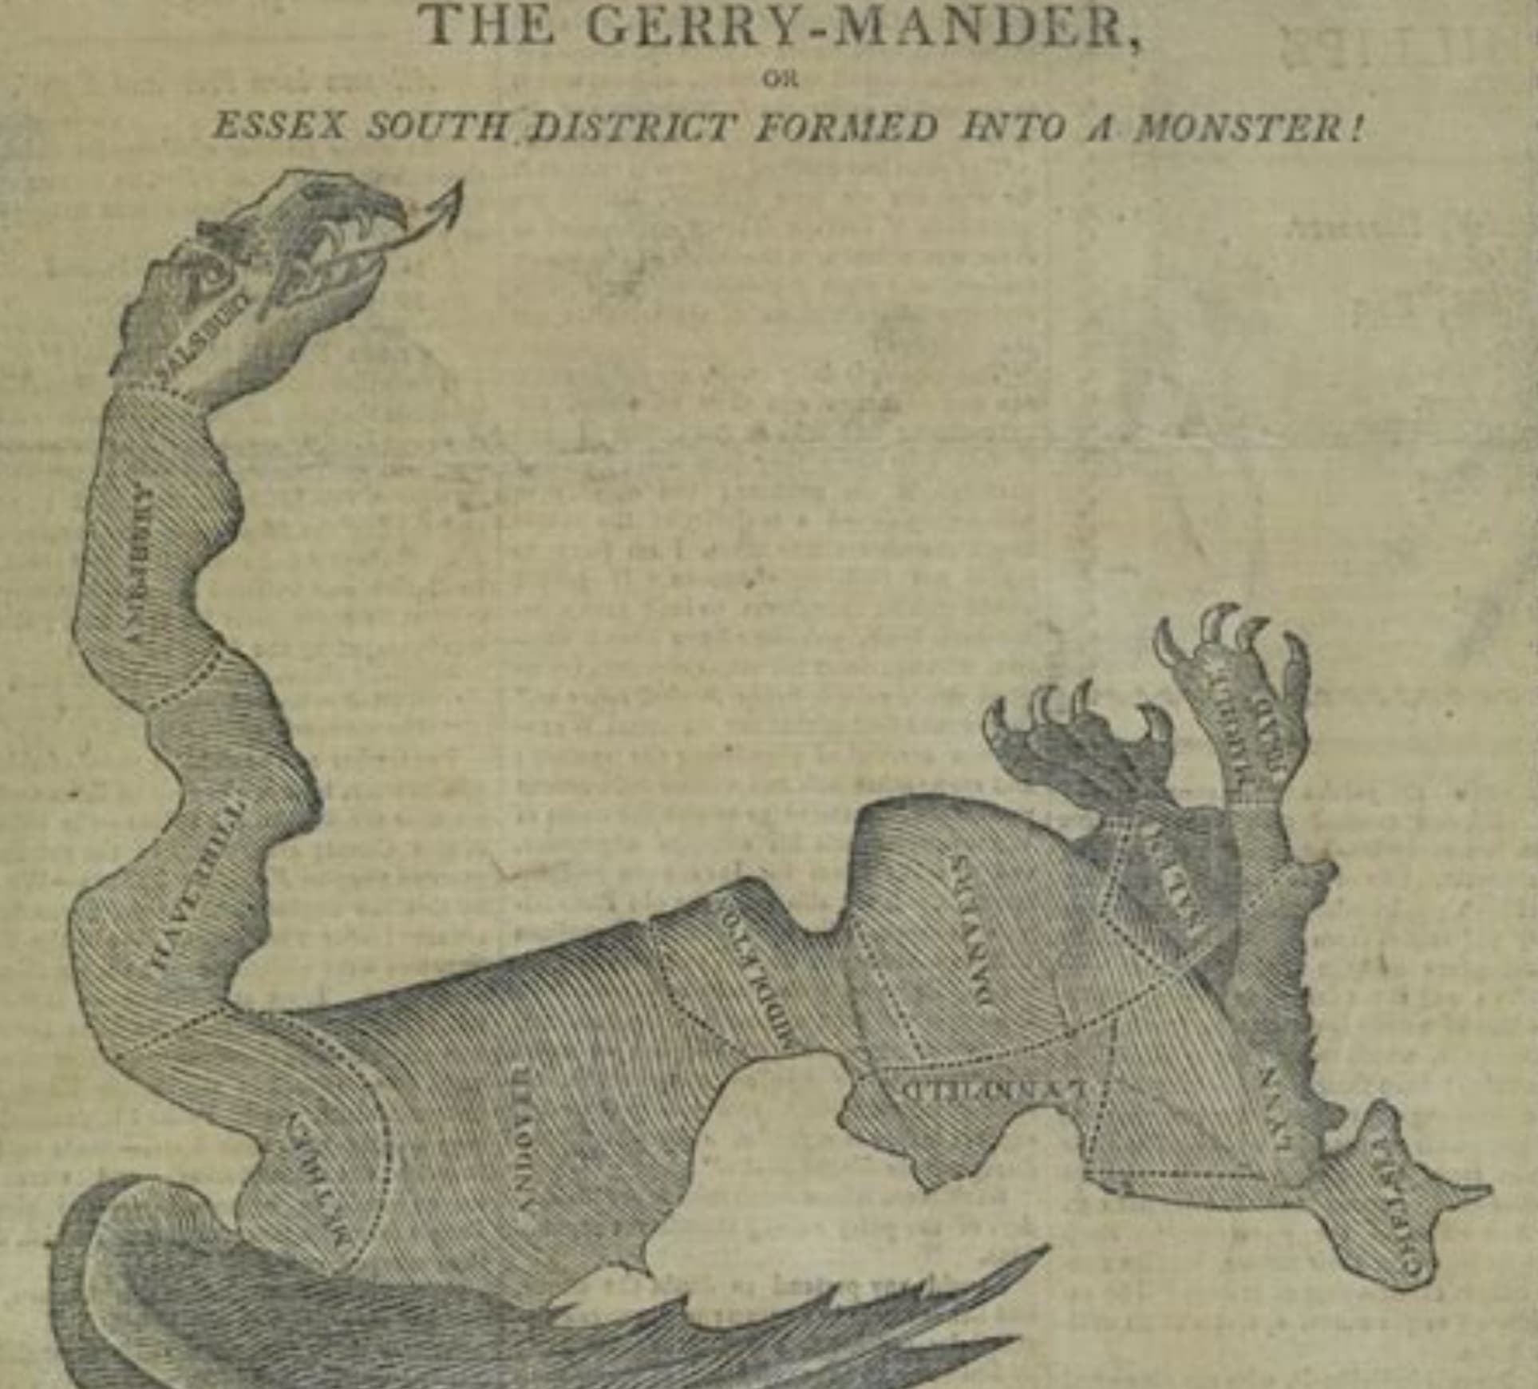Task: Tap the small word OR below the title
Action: coord(771,79)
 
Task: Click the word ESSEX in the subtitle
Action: coord(279,128)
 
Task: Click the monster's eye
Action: coord(209,275)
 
